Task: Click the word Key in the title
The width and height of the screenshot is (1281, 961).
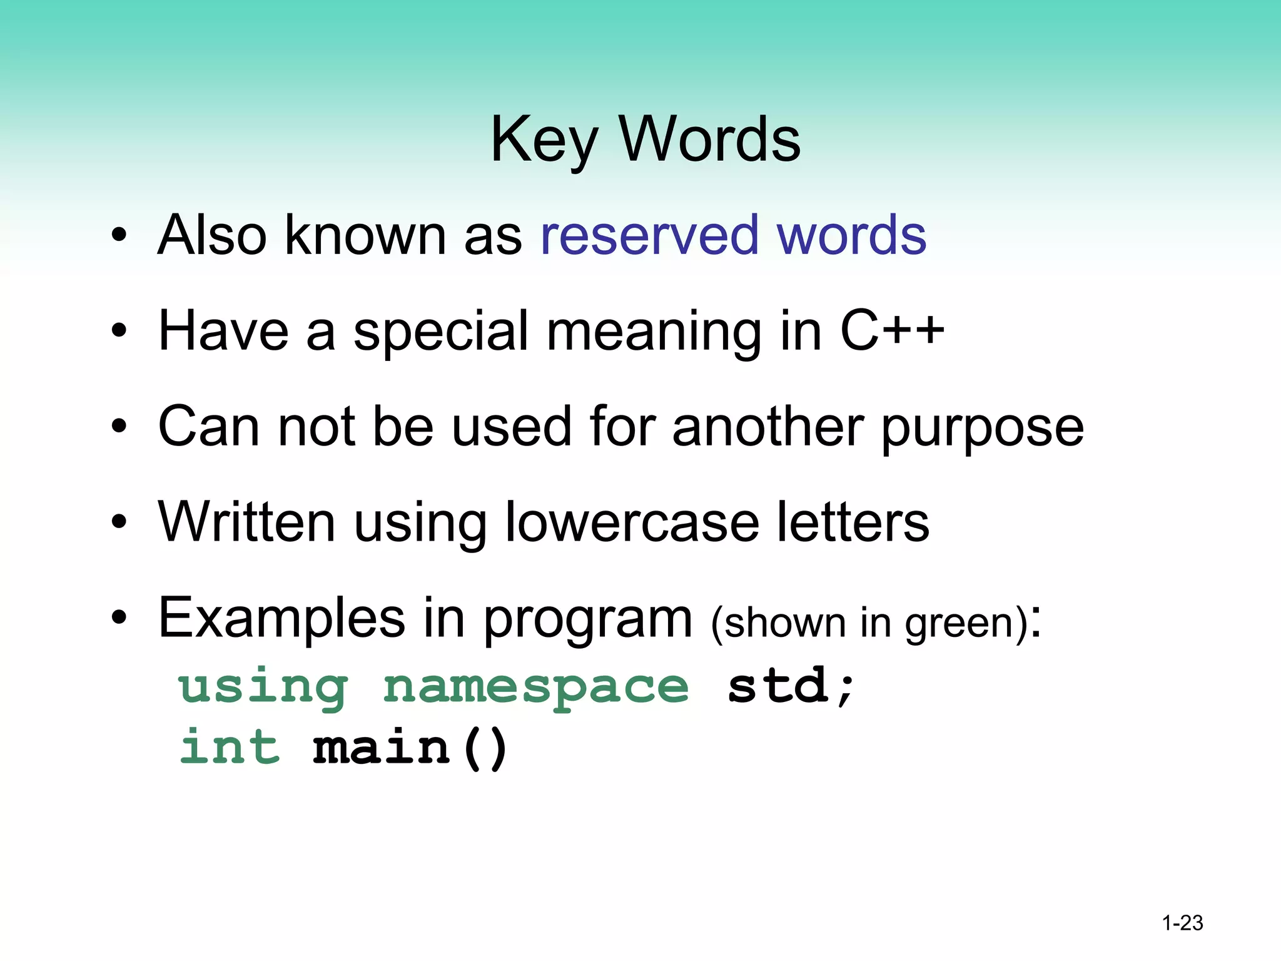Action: coord(544,141)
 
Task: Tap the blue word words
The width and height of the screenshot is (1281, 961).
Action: coord(851,236)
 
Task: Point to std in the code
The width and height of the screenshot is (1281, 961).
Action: coord(779,686)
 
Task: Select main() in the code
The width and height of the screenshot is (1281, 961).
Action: coord(410,748)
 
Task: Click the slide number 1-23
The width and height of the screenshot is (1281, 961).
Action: coord(1182,923)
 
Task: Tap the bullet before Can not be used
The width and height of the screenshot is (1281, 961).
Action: coord(119,427)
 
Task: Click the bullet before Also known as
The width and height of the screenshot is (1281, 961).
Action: coord(119,236)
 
